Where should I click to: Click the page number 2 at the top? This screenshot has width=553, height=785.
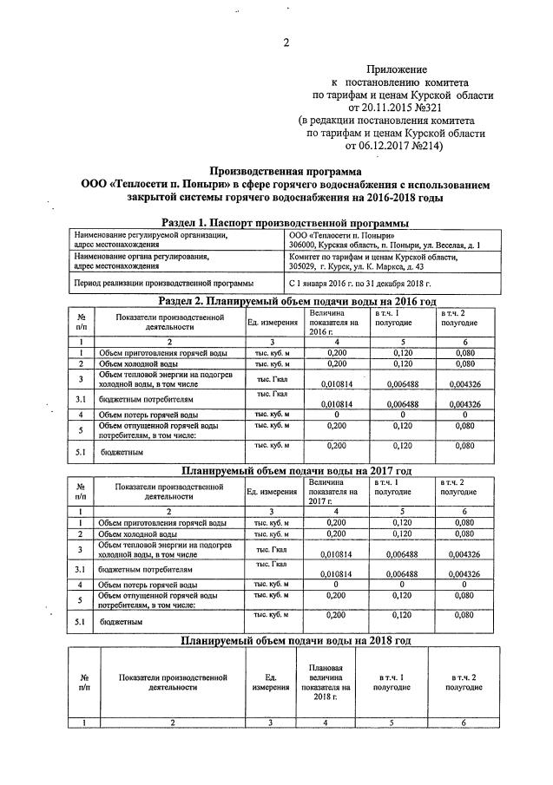286,43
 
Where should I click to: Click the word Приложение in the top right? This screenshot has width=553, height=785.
397,68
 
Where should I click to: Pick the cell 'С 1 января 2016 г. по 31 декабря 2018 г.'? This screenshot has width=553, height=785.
359,283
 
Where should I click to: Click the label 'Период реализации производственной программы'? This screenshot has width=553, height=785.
164,283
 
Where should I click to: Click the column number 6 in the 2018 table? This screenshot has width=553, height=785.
464,722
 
